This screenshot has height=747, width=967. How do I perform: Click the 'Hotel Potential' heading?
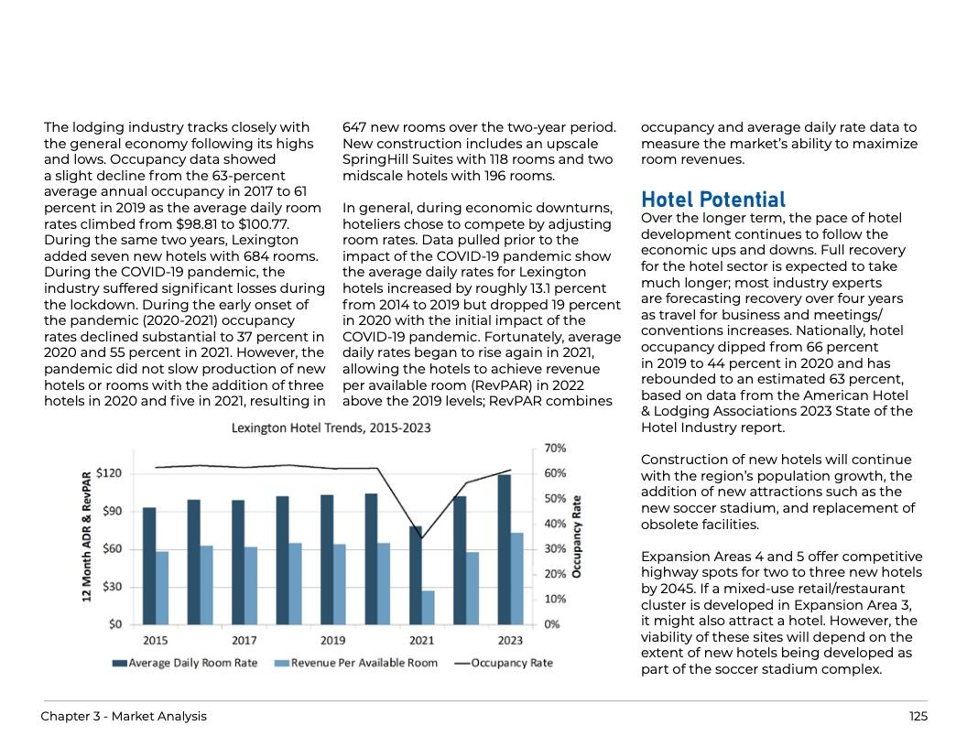click(x=713, y=200)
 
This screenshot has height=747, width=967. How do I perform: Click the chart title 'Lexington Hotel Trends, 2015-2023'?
click(x=331, y=428)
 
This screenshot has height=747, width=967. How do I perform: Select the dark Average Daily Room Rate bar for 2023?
click(x=505, y=549)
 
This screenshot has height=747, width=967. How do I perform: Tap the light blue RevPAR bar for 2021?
click(x=429, y=607)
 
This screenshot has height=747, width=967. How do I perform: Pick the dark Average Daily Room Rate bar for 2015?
click(x=149, y=566)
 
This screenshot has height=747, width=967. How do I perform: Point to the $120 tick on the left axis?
click(x=109, y=473)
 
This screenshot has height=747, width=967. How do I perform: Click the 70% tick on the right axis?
click(x=556, y=449)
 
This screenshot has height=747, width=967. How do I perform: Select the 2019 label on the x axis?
click(x=332, y=640)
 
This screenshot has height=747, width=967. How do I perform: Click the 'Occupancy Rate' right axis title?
click(x=577, y=536)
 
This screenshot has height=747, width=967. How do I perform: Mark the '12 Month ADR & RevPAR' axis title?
click(x=87, y=536)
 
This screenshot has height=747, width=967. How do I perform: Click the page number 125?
click(x=918, y=717)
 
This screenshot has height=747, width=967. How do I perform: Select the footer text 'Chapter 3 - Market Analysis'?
click(x=124, y=717)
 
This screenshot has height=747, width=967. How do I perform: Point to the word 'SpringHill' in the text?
click(x=378, y=159)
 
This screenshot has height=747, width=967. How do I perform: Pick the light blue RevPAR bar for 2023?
click(x=517, y=579)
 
